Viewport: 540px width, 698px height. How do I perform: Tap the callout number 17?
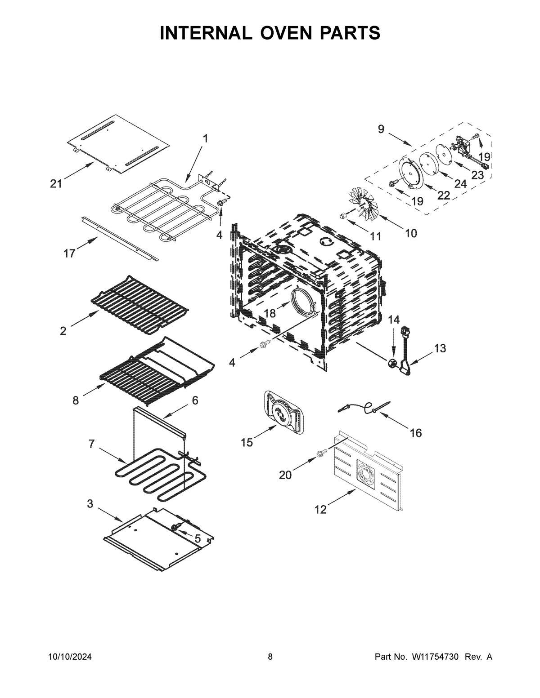[x=69, y=253]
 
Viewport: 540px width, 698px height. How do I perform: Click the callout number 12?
[x=320, y=510]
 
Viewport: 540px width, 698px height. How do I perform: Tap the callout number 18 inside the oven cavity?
[x=270, y=313]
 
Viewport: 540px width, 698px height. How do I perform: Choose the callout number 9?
[x=381, y=129]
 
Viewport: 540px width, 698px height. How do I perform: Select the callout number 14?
[x=393, y=320]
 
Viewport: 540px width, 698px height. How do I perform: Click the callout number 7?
[x=91, y=444]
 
